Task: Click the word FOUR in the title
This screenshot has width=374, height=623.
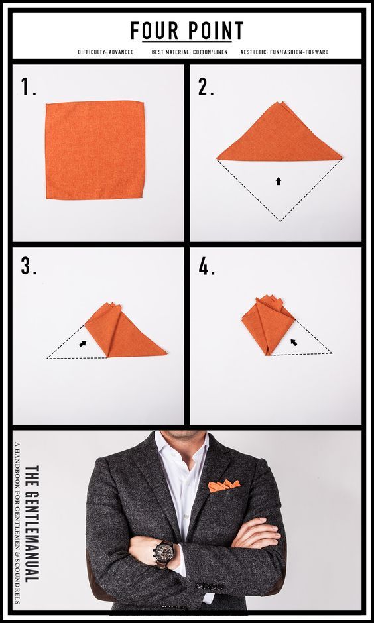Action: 155,30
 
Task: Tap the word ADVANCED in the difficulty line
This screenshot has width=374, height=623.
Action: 121,52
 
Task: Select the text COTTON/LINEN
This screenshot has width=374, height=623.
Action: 209,52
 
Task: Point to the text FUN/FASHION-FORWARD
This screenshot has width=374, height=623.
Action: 299,52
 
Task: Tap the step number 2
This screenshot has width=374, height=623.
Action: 206,87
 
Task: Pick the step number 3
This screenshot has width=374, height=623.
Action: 29,266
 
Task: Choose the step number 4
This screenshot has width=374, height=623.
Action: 206,266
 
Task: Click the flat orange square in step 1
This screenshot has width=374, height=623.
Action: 95,150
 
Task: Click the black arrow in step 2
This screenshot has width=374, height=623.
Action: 279,181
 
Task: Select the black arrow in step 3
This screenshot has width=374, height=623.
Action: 83,343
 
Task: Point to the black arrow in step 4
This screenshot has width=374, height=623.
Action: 294,342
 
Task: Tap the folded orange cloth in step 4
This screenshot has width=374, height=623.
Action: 269,324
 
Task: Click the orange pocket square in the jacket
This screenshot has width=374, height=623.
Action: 224,486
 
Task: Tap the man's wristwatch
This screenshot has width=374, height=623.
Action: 163,553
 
